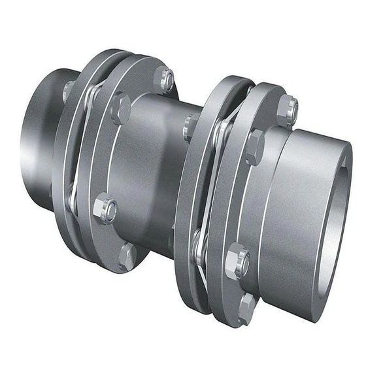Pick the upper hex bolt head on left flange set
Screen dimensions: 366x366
[x=120, y=108]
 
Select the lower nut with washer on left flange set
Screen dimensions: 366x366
[x=105, y=209]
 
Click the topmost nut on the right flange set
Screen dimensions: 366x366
[x=288, y=109]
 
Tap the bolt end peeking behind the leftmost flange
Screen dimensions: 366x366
[x=67, y=90]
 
